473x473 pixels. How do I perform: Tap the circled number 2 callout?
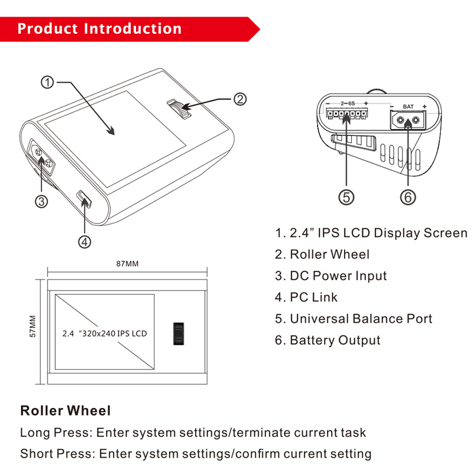[239, 99]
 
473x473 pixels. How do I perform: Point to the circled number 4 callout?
[85, 241]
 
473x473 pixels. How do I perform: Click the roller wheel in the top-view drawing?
[178, 334]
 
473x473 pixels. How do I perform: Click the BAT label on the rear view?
[408, 106]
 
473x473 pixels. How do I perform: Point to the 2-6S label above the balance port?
[348, 103]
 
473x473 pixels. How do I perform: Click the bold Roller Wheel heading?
[65, 410]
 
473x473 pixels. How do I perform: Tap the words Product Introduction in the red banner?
[99, 28]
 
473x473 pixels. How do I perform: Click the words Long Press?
[54, 433]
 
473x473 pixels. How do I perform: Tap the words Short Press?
[56, 454]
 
